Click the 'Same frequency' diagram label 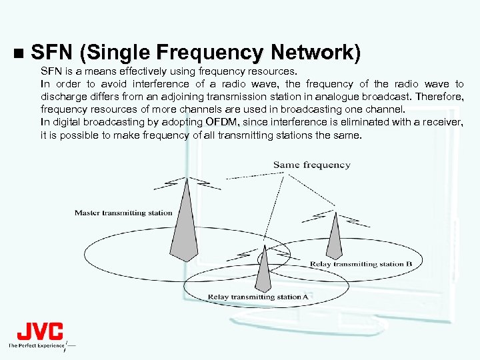point(311,165)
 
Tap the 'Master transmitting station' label point(123,213)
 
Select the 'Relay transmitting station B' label point(361,264)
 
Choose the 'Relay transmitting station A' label point(258,297)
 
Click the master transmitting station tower point(183,223)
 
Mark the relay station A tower point(264,269)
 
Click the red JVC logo point(39,331)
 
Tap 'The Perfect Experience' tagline point(36,345)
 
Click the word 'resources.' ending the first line point(275,71)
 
